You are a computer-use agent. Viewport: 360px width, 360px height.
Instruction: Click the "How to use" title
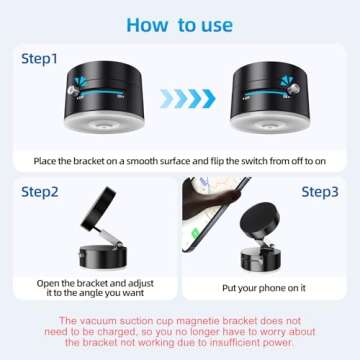click(180, 24)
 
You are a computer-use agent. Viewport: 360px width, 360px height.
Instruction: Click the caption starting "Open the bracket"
click(90, 289)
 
